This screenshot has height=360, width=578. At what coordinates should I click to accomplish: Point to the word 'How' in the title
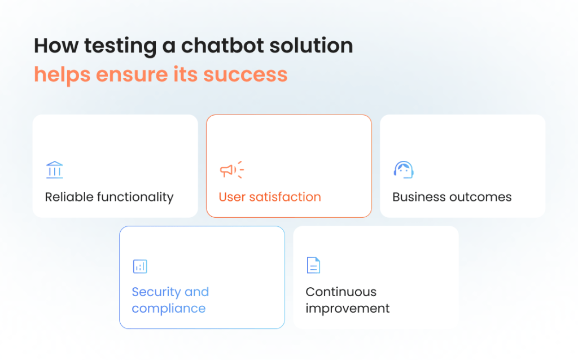tap(56, 46)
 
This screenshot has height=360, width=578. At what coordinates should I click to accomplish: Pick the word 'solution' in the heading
tap(311, 46)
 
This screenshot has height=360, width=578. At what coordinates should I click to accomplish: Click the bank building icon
tap(55, 170)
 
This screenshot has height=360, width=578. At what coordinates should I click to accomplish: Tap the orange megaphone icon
tap(232, 169)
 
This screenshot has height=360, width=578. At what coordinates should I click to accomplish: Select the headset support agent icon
tap(404, 170)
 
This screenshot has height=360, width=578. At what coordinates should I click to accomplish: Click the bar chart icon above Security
tap(140, 266)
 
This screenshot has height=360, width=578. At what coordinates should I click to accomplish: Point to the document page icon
tap(313, 265)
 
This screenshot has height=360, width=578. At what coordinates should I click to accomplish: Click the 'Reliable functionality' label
tap(109, 197)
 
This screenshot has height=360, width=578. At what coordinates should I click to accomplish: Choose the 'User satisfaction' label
tap(270, 197)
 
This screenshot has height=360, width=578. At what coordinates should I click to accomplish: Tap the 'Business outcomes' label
tap(452, 197)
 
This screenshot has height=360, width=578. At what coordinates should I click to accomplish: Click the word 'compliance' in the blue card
tap(168, 309)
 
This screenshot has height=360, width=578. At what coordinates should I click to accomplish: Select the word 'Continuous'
tap(341, 292)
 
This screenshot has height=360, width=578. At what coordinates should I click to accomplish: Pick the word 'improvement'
tap(347, 309)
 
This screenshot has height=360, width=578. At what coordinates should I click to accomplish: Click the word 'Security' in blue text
tap(156, 292)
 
